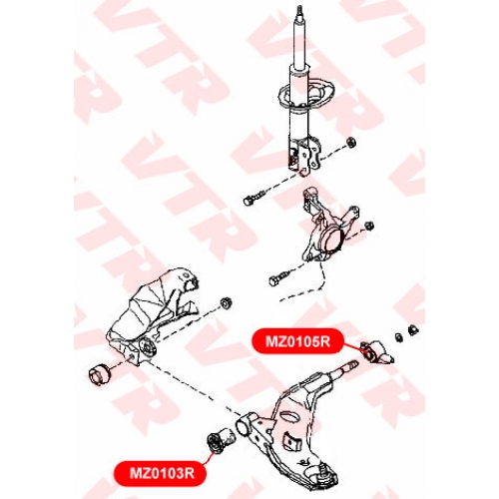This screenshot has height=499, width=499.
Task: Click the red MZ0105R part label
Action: click(297, 341)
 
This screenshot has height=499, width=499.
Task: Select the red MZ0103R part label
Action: click(161, 473)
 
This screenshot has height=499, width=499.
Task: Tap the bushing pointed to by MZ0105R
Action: click(377, 353)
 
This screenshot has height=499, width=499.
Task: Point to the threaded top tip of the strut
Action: click(299, 9)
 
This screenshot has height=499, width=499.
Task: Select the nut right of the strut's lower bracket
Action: click(351, 142)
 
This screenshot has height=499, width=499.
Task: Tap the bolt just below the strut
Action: click(254, 197)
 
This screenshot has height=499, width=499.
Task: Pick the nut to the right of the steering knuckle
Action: click(369, 226)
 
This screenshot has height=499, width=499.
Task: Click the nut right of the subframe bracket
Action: click(227, 303)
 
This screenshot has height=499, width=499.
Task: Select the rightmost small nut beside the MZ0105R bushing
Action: click(413, 329)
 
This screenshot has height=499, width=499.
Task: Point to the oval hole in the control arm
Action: click(289, 416)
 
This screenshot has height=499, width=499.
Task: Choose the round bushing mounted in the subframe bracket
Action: click(147, 346)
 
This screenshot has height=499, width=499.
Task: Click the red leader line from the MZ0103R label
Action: click(208, 456)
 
